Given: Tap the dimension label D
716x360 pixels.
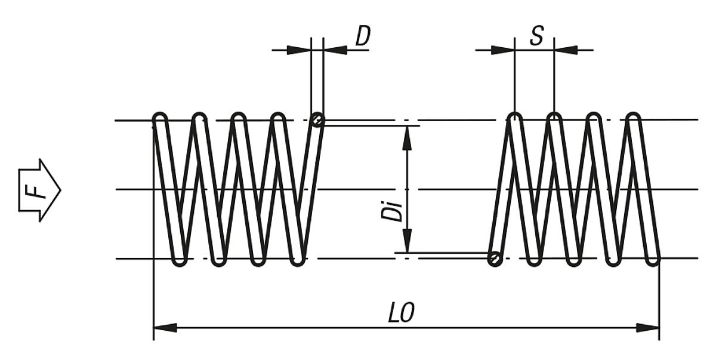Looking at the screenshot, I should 362,36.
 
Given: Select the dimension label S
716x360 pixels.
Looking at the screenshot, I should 537,36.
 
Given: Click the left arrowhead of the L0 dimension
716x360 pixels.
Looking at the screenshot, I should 165,328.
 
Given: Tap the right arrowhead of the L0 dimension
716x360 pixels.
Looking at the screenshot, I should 648,328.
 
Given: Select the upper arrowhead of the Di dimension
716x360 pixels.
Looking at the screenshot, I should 407,137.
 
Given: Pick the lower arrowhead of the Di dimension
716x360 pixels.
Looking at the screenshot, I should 407,241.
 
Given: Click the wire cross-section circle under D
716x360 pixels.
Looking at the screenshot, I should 317,121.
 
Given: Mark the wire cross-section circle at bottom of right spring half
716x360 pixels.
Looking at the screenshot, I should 494,259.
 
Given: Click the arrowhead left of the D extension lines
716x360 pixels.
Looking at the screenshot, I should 299,50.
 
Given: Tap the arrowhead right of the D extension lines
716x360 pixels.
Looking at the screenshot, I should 335,50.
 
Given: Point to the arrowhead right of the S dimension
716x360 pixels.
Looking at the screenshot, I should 566,50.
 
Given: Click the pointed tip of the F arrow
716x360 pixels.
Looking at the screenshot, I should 60,190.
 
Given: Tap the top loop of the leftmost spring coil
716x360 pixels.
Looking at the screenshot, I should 161,117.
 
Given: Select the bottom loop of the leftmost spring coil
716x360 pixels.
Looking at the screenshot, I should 180,260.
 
